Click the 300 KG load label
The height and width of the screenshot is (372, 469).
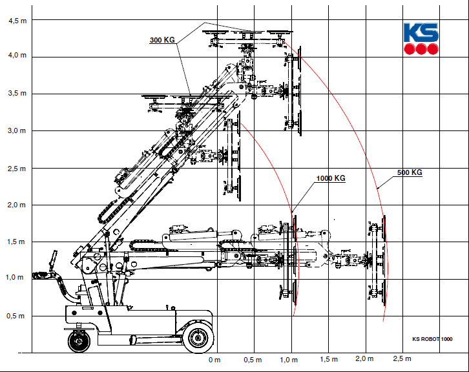pos(162,40)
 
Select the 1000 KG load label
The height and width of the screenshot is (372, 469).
pos(331,178)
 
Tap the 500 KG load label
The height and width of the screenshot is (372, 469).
pos(410,172)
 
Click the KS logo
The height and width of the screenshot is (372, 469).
pos(421,39)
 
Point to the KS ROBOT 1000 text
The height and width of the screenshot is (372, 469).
pos(432,339)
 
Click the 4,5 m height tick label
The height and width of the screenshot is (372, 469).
pos(17,21)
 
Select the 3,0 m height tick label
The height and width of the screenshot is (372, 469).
pos(17,130)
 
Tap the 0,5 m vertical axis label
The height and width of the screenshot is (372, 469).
pos(16,316)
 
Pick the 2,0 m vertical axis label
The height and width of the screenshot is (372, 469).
pos(16,205)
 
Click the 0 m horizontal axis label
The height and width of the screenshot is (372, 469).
pos(214,360)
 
